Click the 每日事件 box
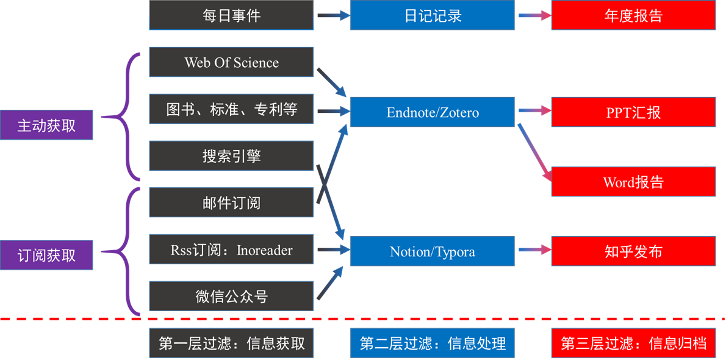(231, 15)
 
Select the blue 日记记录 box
(433, 15)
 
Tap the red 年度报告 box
(633, 15)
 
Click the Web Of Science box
(231, 62)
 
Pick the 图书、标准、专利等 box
(231, 109)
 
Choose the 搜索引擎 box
(231, 156)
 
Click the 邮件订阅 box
(231, 203)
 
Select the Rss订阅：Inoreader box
(231, 250)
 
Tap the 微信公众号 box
(231, 297)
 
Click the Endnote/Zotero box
(433, 112)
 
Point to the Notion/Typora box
(433, 251)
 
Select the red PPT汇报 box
(633, 112)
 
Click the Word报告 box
(633, 182)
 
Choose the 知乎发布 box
(633, 251)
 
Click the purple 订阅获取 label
(46, 255)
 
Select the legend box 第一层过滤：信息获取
(231, 343)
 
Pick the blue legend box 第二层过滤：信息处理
(433, 343)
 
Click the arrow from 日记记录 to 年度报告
(534, 16)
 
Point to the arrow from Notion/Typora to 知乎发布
(534, 250)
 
